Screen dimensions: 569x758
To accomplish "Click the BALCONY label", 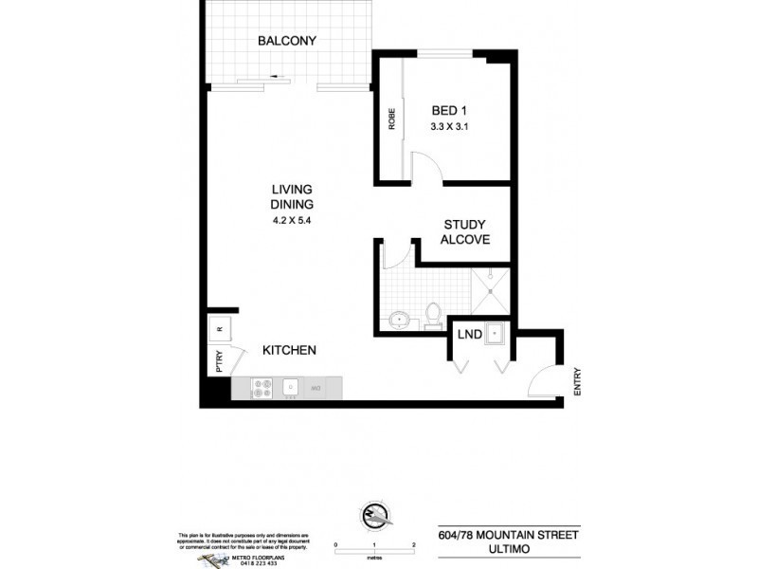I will (286, 41).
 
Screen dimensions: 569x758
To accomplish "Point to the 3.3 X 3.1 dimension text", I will (451, 125).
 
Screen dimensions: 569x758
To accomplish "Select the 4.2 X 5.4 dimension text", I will (292, 221).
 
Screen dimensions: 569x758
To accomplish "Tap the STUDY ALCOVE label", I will (466, 232).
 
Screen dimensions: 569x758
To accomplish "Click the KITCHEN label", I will (289, 350).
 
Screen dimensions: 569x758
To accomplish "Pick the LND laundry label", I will (468, 335).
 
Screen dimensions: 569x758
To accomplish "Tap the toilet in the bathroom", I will (433, 313).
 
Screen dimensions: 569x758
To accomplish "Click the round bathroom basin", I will (399, 319).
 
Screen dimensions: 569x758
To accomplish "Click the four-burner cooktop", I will (262, 387).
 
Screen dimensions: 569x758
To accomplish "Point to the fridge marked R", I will (219, 329).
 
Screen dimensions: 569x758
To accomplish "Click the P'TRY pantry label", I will (218, 363).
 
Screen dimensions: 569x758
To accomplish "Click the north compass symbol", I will (375, 517).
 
